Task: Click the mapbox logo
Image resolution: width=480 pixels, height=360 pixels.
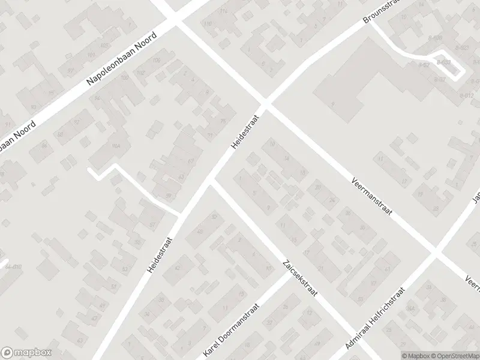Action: click(25, 353)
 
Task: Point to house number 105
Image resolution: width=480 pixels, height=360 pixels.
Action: click(105, 46)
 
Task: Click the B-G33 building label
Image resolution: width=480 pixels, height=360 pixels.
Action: click(445, 61)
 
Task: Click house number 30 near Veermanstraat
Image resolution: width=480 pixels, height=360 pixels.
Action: click(347, 213)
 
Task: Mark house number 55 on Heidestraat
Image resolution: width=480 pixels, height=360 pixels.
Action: click(138, 242)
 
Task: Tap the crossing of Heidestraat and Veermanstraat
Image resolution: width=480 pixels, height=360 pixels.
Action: click(265, 103)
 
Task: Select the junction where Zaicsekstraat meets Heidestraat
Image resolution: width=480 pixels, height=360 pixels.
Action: click(211, 181)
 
